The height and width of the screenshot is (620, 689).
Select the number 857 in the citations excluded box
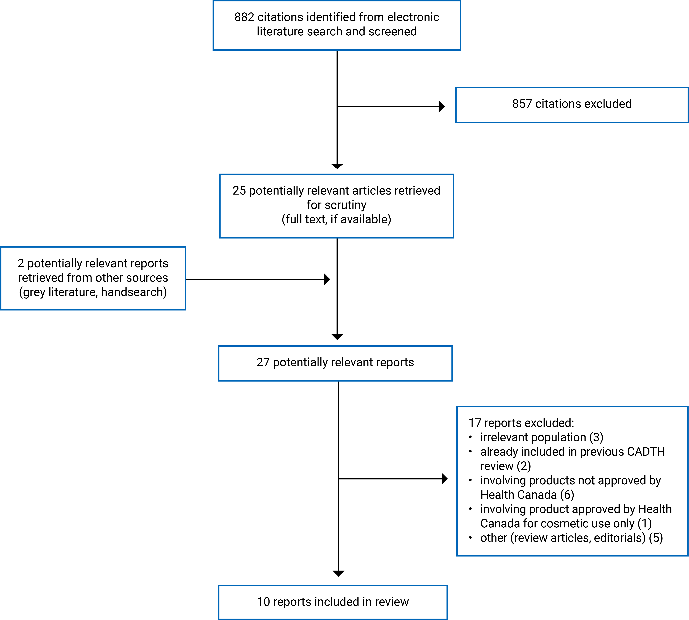pos(522,104)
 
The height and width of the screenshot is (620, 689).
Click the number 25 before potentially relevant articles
pos(239,190)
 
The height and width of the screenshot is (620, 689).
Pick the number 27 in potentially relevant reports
pos(263,362)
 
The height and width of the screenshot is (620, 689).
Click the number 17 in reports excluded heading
pos(475,423)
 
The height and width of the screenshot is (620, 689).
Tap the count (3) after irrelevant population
pos(596,437)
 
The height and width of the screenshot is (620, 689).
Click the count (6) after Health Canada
pos(567,495)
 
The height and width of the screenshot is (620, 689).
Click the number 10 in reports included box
pos(263,602)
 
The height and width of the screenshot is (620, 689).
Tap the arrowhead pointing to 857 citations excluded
pos(442,106)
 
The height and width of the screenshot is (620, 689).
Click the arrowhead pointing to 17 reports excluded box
pos(445,479)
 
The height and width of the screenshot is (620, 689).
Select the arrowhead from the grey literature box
pos(327,279)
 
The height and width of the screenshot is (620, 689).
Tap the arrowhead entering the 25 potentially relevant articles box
pos(337,166)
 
